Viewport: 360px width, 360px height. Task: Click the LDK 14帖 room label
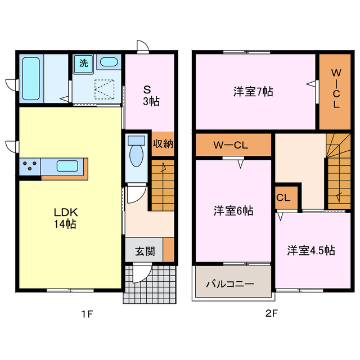coord(65,218)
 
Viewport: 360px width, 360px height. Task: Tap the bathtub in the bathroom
coord(31,78)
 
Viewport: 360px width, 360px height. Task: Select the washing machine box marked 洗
coord(83,63)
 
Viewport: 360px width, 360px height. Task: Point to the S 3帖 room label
coord(150,95)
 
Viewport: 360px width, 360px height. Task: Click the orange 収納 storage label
coord(163,144)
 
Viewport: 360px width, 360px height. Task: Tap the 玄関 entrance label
coord(144,251)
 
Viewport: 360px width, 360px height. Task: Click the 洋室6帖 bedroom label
coord(233,211)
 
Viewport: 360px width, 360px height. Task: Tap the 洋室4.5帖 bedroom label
coord(310,250)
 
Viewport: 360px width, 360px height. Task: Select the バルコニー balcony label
coord(229,283)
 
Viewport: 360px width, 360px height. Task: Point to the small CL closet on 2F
coord(283,198)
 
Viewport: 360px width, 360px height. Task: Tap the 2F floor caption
coord(271,314)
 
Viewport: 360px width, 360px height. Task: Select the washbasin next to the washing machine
coord(109,62)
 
